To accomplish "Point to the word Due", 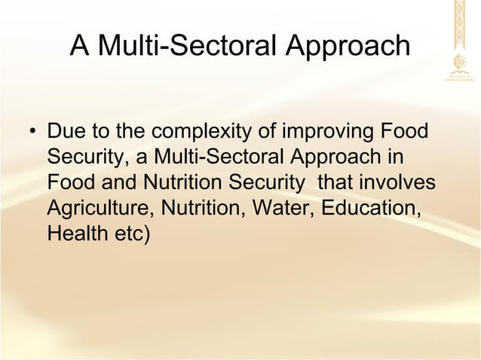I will [65, 136].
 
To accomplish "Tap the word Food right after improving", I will [407, 136].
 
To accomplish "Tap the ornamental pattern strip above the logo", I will [459, 23].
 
